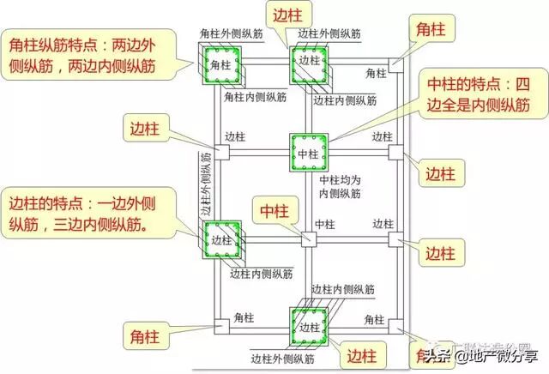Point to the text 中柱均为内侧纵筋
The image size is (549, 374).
335,187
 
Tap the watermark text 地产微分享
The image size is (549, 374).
498,354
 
